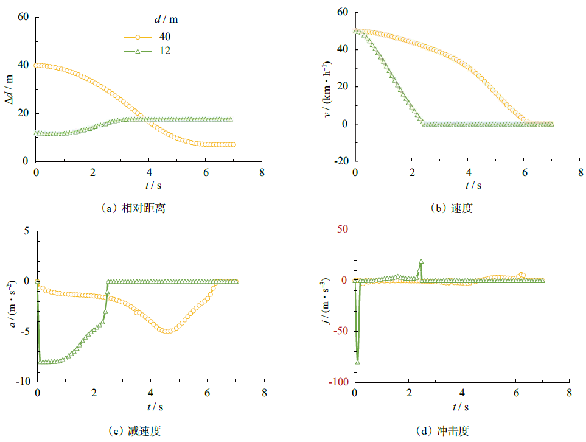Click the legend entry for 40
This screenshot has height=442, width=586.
click(x=146, y=38)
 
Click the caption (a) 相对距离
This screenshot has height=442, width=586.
click(x=134, y=208)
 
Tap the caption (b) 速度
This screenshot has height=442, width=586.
click(x=452, y=208)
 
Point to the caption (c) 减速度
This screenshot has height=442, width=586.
click(x=134, y=431)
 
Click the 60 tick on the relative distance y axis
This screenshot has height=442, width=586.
click(x=24, y=17)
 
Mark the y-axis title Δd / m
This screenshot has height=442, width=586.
click(x=9, y=89)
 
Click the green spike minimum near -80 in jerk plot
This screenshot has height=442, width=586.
click(x=357, y=362)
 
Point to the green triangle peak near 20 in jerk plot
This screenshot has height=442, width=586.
click(x=420, y=261)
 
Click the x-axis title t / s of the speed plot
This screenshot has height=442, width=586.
click(x=473, y=185)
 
